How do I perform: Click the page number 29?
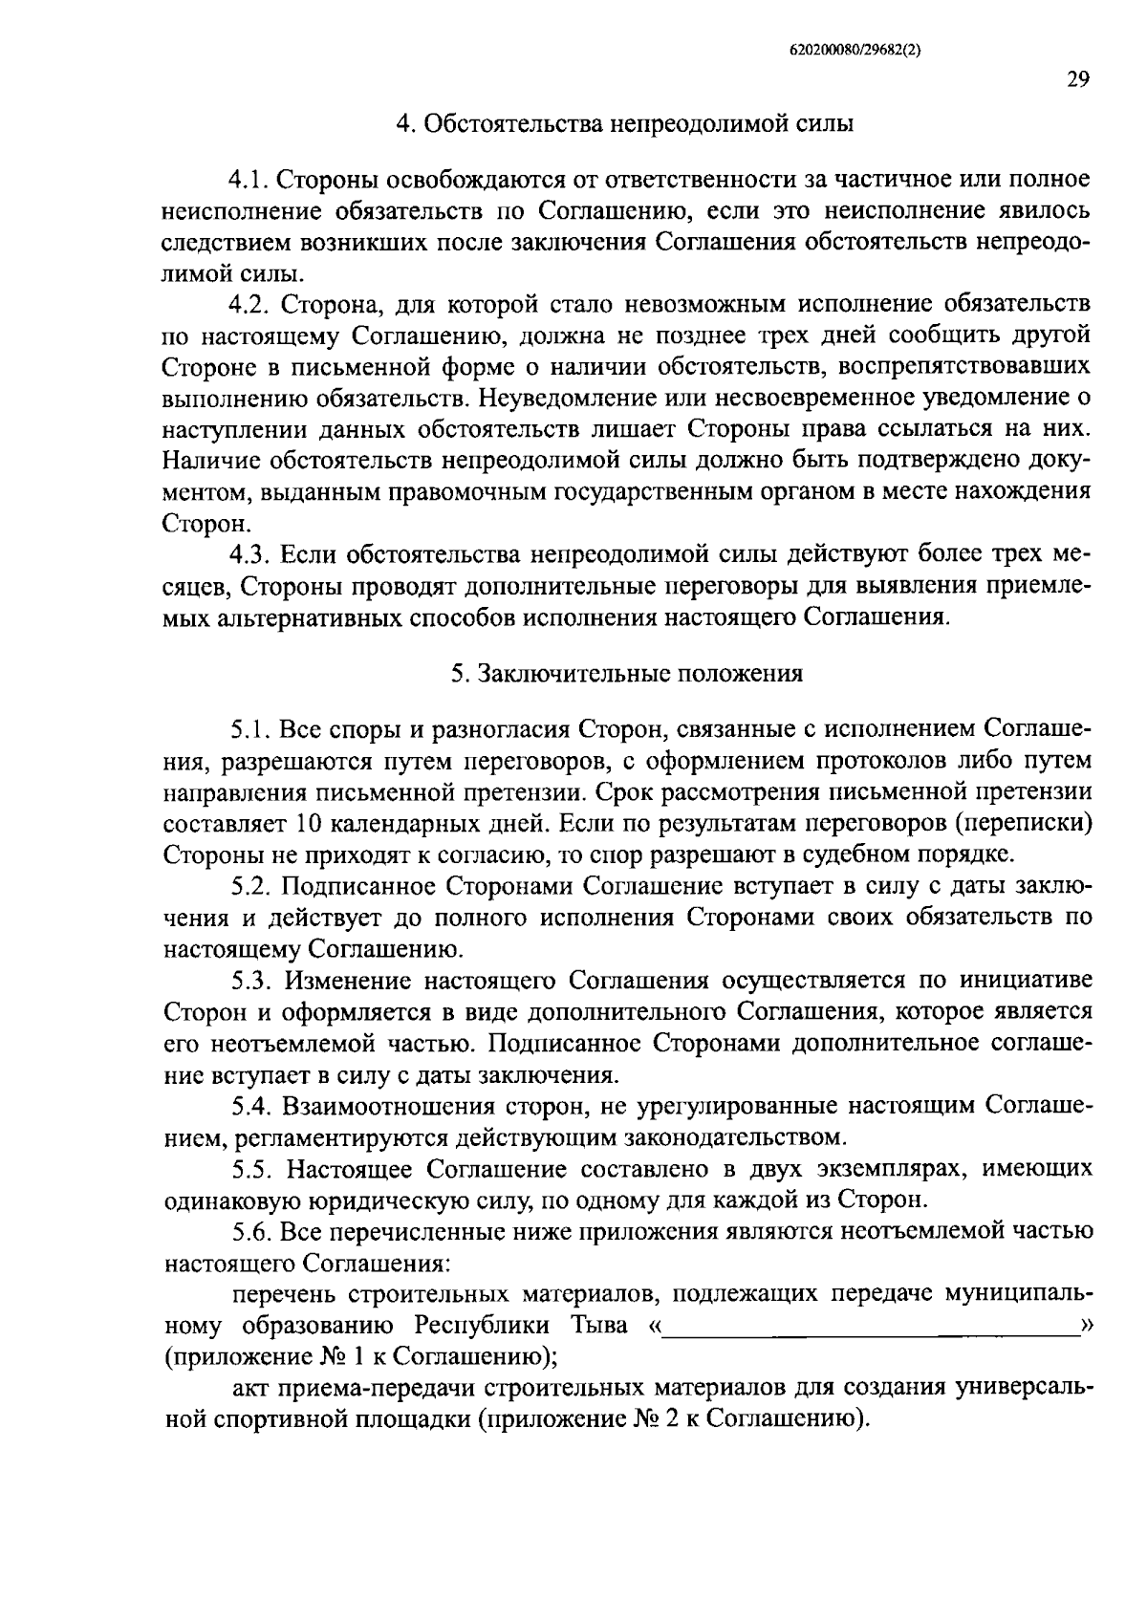point(1078,79)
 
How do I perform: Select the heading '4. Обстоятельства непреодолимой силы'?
point(625,123)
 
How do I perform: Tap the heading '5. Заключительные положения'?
point(627,673)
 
